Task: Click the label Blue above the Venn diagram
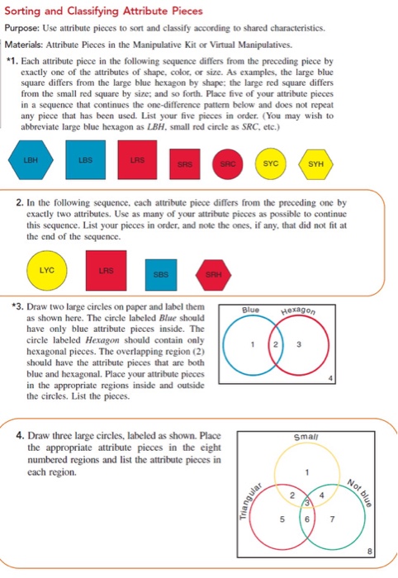pyautogui.click(x=247, y=310)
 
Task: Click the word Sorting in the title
pyautogui.click(x=26, y=10)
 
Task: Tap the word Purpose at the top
pyautogui.click(x=26, y=26)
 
